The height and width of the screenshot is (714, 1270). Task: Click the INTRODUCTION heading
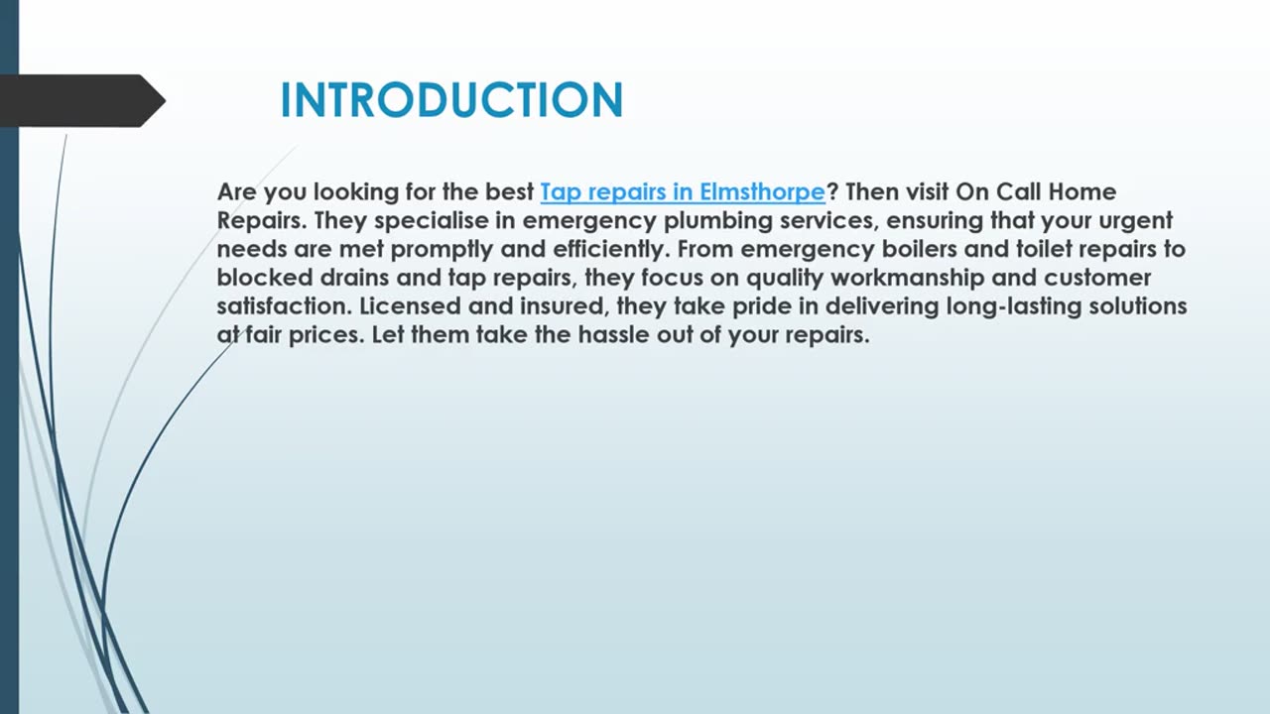[x=451, y=100]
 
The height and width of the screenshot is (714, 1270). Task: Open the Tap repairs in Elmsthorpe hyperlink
[x=682, y=191]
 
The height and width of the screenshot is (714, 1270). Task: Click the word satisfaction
[x=283, y=306]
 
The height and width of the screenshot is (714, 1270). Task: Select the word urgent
[x=1130, y=220]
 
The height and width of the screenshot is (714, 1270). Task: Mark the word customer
[x=1097, y=278]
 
